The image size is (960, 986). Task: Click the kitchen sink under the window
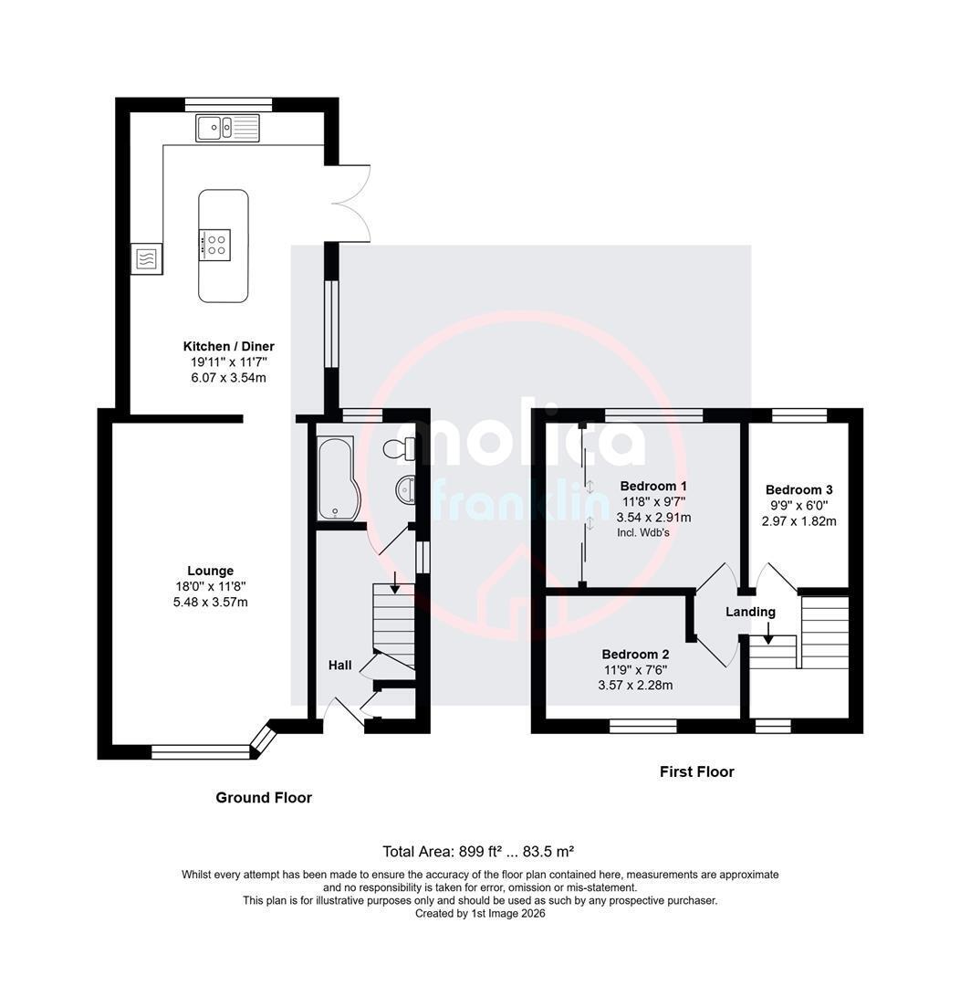click(x=227, y=129)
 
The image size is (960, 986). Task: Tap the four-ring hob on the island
click(x=215, y=245)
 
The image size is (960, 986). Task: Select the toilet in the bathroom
click(x=399, y=448)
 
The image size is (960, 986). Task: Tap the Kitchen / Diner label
click(x=229, y=347)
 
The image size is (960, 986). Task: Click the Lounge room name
click(x=211, y=571)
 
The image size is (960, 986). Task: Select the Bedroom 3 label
click(x=799, y=490)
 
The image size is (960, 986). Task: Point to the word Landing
click(x=751, y=612)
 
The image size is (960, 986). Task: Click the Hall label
click(x=340, y=666)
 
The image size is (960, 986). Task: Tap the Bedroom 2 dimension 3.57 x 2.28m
click(x=636, y=686)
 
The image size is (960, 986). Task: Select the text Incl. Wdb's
click(x=643, y=532)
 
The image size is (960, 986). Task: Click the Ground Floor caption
click(x=264, y=798)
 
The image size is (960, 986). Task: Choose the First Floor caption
click(x=697, y=771)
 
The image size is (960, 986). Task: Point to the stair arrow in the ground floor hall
click(x=394, y=582)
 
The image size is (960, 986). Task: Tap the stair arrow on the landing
click(x=768, y=633)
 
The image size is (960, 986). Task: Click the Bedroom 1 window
click(x=653, y=415)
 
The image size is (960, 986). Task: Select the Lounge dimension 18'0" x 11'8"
click(x=211, y=587)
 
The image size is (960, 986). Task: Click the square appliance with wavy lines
click(x=147, y=258)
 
